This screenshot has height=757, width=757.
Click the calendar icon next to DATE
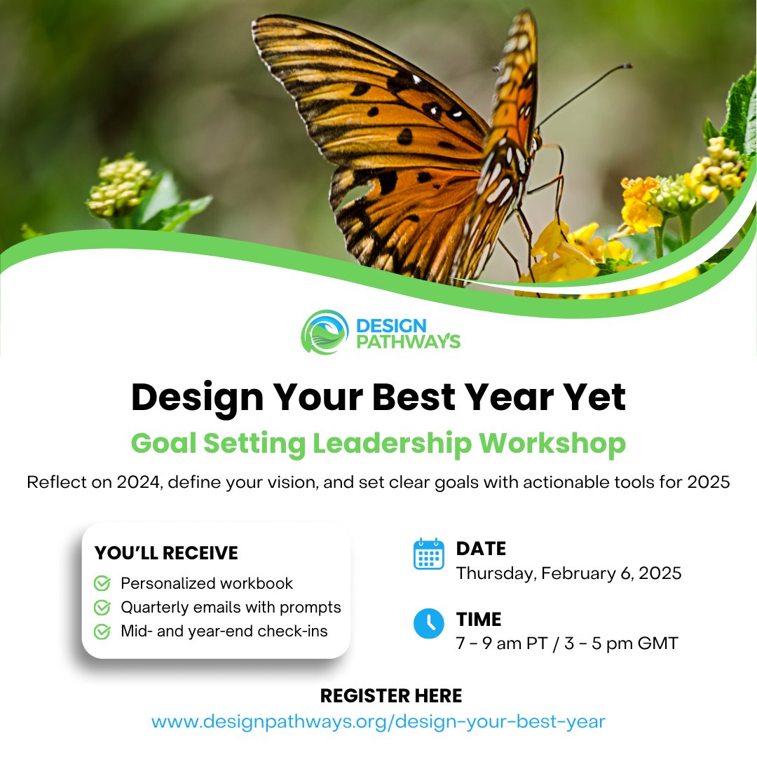[x=428, y=554]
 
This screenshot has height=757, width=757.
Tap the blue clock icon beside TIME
[x=428, y=623]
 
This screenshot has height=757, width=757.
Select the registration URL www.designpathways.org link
[x=378, y=721]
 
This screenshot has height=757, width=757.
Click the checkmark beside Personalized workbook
[x=102, y=583]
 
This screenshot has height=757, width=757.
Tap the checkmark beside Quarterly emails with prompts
[x=102, y=607]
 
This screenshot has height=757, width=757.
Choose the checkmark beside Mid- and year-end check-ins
[x=102, y=631]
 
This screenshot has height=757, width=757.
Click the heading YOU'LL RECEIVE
[x=166, y=553]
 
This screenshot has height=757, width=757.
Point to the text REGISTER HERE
[x=391, y=695]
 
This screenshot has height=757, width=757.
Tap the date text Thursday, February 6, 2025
[x=568, y=573]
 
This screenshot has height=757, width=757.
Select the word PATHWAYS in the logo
[x=408, y=342]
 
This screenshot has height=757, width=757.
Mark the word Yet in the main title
[x=596, y=397]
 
